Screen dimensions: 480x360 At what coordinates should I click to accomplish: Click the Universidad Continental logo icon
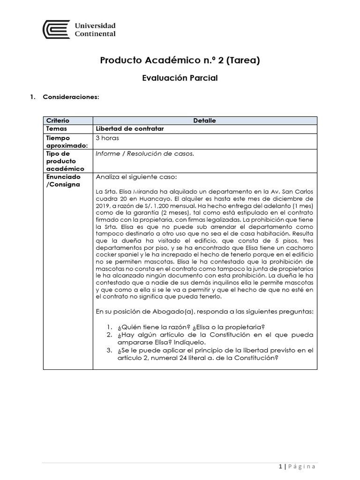tap(57, 30)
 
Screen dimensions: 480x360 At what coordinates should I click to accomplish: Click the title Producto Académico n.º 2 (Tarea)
tap(180, 60)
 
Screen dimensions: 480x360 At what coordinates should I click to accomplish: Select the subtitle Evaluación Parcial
tap(180, 78)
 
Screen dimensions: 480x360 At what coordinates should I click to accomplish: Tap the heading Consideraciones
tap(71, 97)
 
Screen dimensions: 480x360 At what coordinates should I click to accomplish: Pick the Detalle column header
tap(204, 121)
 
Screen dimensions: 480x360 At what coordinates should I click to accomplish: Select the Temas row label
tap(57, 129)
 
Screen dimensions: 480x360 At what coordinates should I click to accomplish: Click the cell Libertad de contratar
tap(129, 129)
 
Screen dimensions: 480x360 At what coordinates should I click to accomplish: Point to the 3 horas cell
tap(107, 138)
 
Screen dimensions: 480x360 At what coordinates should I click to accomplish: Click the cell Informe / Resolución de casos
tap(144, 153)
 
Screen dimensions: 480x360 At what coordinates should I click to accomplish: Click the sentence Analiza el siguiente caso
tap(136, 177)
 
